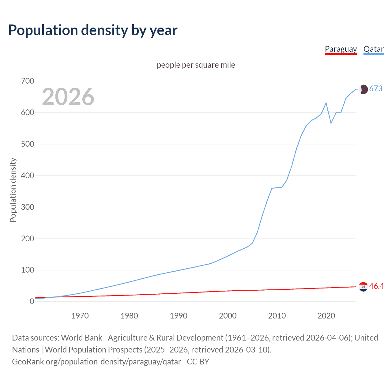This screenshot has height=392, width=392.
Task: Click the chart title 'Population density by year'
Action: pyautogui.click(x=93, y=30)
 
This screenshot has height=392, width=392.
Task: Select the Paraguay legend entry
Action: pyautogui.click(x=341, y=49)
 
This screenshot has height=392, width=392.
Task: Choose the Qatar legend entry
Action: pyautogui.click(x=373, y=49)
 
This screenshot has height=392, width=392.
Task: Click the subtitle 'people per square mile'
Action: pyautogui.click(x=196, y=65)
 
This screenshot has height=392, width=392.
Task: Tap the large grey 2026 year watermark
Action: pyautogui.click(x=68, y=97)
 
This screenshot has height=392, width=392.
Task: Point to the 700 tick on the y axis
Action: pyautogui.click(x=28, y=81)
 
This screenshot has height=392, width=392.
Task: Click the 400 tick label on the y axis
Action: pyautogui.click(x=28, y=176)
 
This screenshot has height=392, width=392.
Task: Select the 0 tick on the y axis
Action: pyautogui.click(x=32, y=302)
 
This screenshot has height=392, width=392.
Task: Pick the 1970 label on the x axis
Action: pyautogui.click(x=80, y=316)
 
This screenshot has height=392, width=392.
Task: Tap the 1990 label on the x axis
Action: pyautogui.click(x=179, y=316)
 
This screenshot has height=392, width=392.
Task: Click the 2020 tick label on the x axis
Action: pyautogui.click(x=326, y=316)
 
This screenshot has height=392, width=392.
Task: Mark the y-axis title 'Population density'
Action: pyautogui.click(x=13, y=190)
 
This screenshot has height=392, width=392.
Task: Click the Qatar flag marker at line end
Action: pyautogui.click(x=363, y=89)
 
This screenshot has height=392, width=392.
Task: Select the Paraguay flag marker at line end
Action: pyautogui.click(x=363, y=287)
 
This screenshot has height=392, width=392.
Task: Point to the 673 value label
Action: pyautogui.click(x=376, y=89)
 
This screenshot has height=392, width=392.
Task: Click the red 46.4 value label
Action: pyautogui.click(x=376, y=286)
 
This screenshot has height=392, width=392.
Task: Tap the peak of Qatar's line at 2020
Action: pyautogui.click(x=326, y=103)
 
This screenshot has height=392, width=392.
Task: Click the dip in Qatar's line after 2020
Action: pyautogui.click(x=331, y=123)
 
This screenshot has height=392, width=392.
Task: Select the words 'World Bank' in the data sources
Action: pyautogui.click(x=81, y=338)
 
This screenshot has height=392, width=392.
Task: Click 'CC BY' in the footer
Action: pyautogui.click(x=198, y=362)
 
